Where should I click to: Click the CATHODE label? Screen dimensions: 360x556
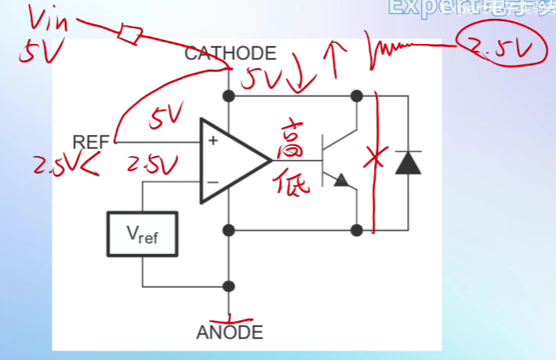(x=230, y=53)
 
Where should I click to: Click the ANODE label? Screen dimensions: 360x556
(x=230, y=332)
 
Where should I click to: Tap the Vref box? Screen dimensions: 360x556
(x=142, y=233)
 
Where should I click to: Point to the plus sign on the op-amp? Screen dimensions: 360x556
(x=212, y=142)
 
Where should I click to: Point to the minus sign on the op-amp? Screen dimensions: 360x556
(x=212, y=182)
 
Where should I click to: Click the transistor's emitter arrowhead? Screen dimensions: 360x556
(x=341, y=180)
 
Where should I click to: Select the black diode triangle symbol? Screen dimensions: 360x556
(x=407, y=162)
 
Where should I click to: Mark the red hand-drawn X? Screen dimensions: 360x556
(x=374, y=160)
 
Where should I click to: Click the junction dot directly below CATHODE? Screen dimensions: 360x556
(x=230, y=96)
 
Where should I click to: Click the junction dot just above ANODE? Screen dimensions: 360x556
(x=230, y=286)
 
